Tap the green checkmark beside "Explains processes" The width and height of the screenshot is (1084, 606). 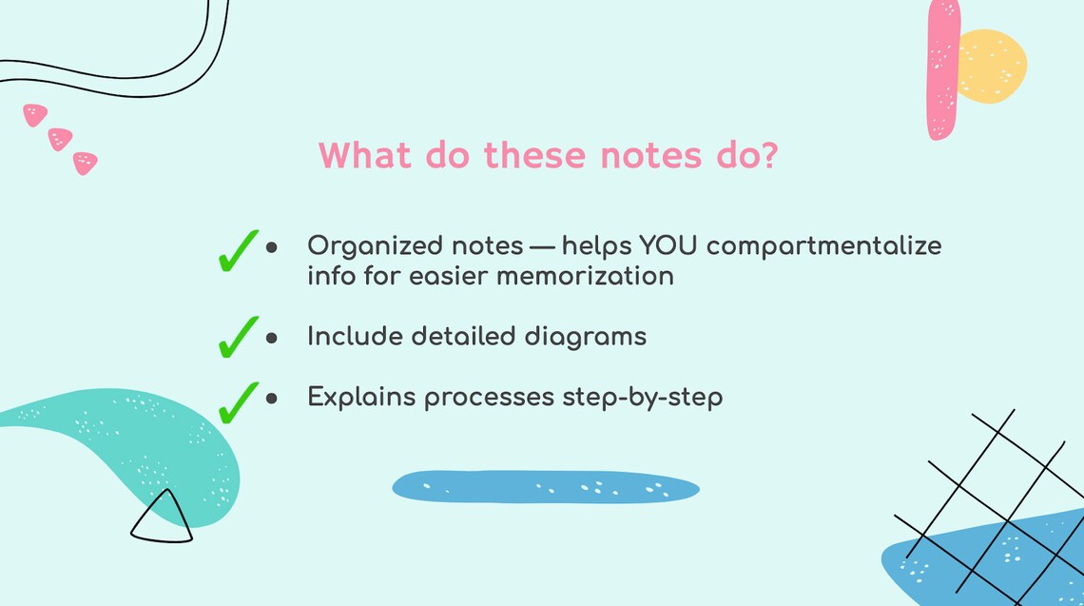click(237, 401)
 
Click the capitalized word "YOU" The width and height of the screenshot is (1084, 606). click(669, 245)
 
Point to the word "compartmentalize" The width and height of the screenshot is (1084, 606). click(823, 246)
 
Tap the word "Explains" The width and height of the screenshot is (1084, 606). click(360, 398)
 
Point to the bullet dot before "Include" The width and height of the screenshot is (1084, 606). click(271, 338)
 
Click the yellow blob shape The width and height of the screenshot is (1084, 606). click(993, 65)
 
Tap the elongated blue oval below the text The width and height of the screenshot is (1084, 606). click(546, 487)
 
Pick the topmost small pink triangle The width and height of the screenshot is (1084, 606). click(35, 115)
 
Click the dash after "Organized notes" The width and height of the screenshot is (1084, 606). click(541, 246)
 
